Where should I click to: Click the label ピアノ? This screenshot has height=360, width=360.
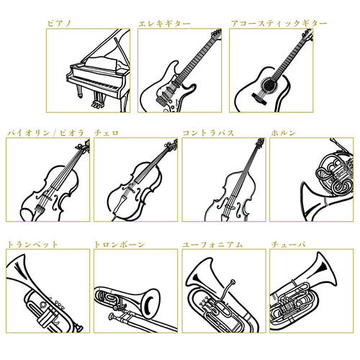coord(59,24)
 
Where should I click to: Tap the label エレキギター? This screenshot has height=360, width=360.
coord(164,24)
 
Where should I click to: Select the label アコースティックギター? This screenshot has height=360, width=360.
coord(279,24)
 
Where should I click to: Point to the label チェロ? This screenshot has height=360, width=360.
coord(107,132)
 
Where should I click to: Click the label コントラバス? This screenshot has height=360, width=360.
coord(208,132)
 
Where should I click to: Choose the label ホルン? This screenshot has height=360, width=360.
coord(283,132)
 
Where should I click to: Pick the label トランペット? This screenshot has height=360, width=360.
coord(32,244)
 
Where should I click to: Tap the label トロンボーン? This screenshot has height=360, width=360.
coord(120,244)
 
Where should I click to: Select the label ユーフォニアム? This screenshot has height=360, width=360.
coord(212,244)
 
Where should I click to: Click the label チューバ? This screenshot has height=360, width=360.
coord(288,244)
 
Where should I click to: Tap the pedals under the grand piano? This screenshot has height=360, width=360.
coord(99,104)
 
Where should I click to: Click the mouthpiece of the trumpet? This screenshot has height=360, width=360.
coord(78,328)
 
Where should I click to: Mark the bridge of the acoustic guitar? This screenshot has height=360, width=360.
coord(259,99)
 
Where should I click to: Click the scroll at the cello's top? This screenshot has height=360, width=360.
coord(171,145)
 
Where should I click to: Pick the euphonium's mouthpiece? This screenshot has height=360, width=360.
coord(233,282)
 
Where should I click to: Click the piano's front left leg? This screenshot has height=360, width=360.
coord(79,91)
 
